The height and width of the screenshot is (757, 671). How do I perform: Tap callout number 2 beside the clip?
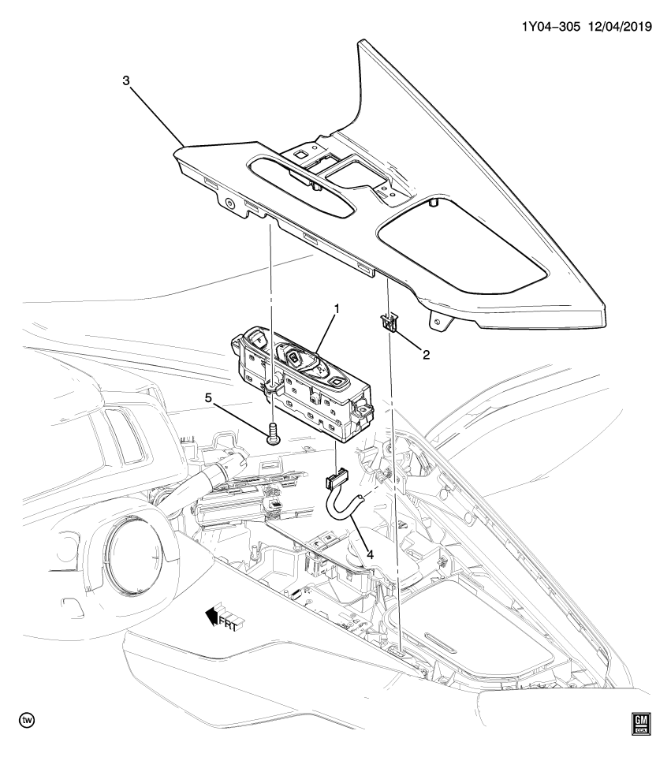pyautogui.click(x=426, y=354)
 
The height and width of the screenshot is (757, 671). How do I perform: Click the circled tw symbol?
pyautogui.click(x=27, y=721)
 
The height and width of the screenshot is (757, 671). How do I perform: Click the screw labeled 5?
pyautogui.click(x=272, y=432)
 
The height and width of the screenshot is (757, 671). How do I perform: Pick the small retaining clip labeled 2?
pyautogui.click(x=386, y=321)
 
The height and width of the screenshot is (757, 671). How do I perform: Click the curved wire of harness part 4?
pyautogui.click(x=341, y=512)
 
